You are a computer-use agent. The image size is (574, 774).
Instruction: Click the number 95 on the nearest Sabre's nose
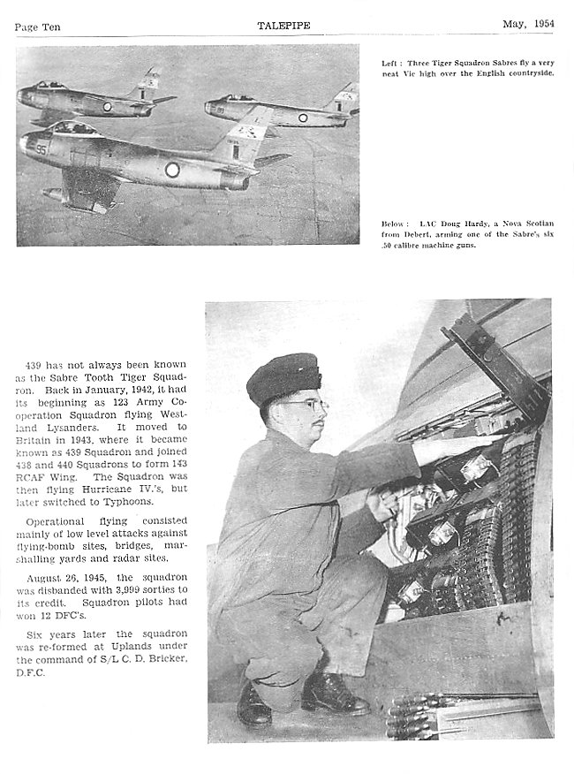[x=42, y=149]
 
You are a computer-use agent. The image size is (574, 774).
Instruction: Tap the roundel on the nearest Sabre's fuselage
[x=171, y=168]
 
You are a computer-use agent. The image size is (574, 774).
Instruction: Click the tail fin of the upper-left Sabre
[x=149, y=83]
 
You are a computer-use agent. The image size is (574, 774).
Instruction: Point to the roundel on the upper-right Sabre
[x=302, y=117]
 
